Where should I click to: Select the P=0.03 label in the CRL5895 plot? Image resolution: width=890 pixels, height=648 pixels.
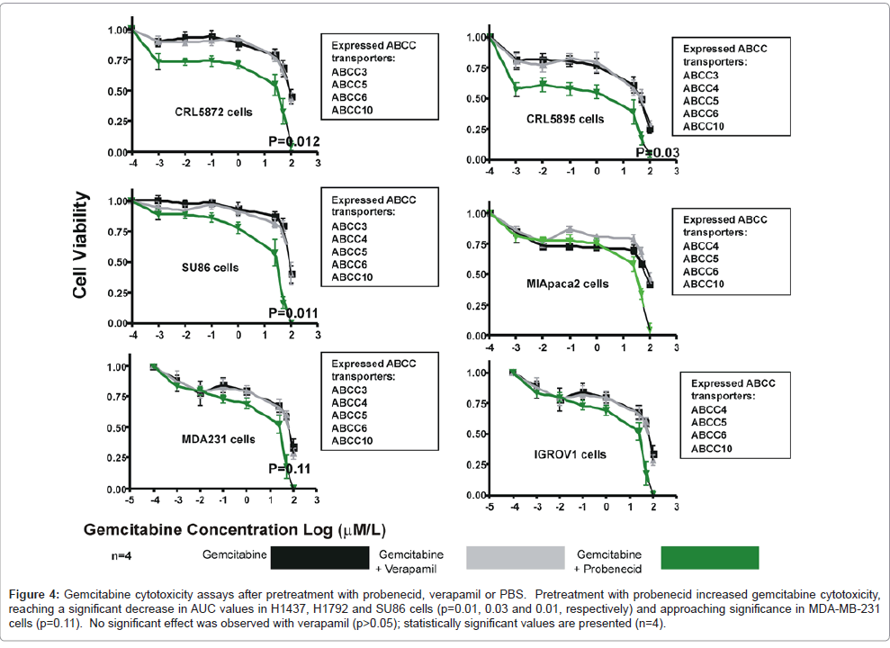coord(658,153)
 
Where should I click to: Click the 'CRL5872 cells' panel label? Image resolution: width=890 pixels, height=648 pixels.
coord(213,112)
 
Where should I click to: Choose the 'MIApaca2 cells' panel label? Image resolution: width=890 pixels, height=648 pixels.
coord(567,283)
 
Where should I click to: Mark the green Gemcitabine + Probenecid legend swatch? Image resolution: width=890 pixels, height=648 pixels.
coord(709,558)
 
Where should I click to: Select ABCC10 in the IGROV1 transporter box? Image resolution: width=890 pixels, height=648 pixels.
coord(711,448)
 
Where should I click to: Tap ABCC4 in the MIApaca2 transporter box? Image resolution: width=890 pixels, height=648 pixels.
coord(700,245)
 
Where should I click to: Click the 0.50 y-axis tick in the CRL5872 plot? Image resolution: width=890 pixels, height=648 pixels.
coord(118,91)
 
